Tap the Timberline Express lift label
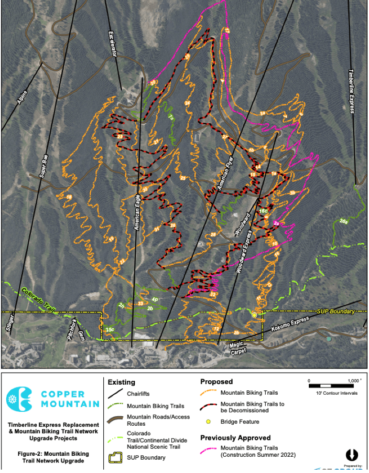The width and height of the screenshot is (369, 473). pos(351,91)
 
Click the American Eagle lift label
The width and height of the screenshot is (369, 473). pos(137,215)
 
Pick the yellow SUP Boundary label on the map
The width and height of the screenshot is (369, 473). pos(336,312)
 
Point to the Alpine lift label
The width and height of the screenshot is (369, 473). pos(22,98)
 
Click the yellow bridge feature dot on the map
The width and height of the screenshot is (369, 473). pos(254,315)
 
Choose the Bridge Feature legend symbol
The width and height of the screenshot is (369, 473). pos(208,421)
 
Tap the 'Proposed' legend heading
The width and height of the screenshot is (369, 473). pos(216,382)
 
